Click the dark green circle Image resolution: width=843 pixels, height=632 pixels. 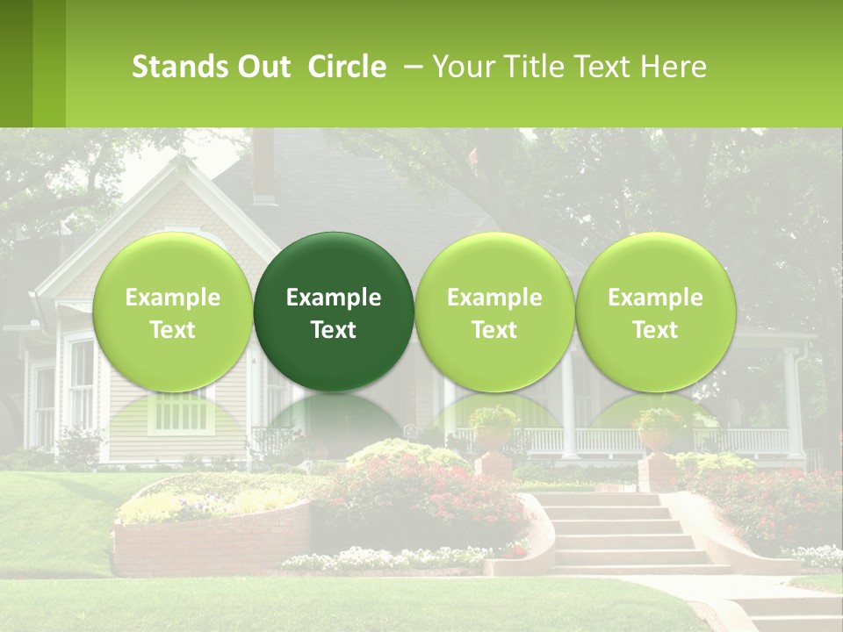(x=334, y=312)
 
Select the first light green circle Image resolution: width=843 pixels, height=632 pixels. (x=172, y=312)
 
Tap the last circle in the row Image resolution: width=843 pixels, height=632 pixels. (x=655, y=312)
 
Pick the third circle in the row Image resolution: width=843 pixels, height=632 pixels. (x=494, y=312)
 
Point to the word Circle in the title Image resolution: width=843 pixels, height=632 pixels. (x=347, y=67)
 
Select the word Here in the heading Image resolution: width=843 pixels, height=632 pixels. (x=673, y=67)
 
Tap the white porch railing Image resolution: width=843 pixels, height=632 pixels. (x=615, y=440)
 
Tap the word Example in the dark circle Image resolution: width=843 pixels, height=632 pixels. (x=334, y=298)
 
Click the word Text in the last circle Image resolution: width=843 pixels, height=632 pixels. (x=655, y=330)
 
